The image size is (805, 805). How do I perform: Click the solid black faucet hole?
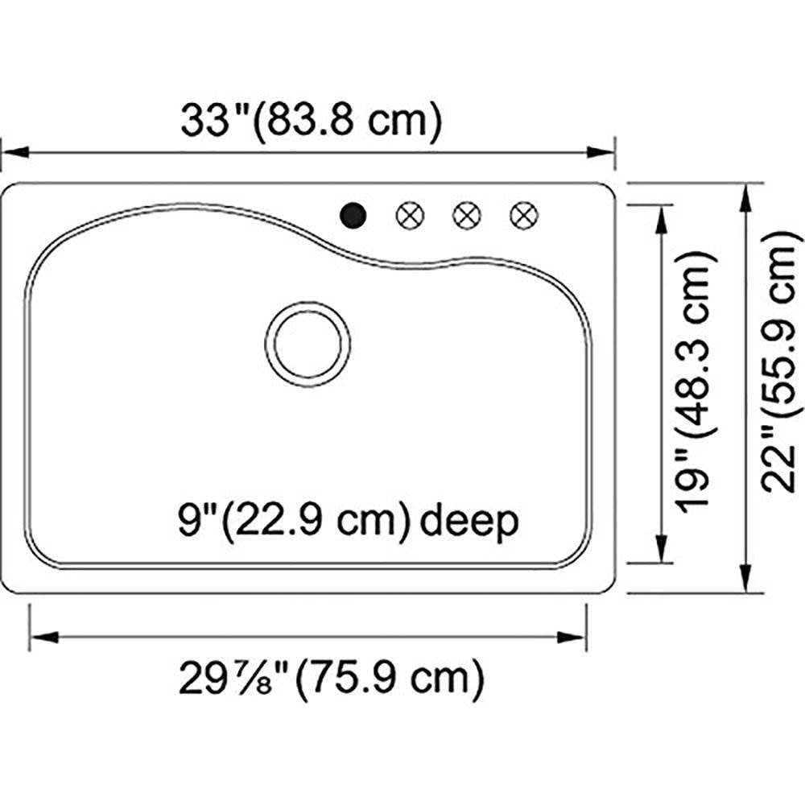pos(353,215)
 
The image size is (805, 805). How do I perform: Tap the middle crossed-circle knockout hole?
pos(467,215)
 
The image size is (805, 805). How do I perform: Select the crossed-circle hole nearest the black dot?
pos(410,215)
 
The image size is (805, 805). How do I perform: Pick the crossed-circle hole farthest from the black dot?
pos(524,215)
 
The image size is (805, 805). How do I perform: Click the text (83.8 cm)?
pos(348,122)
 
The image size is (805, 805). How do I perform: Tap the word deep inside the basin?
pos(469,522)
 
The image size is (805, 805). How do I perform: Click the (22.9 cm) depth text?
pos(316,521)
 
